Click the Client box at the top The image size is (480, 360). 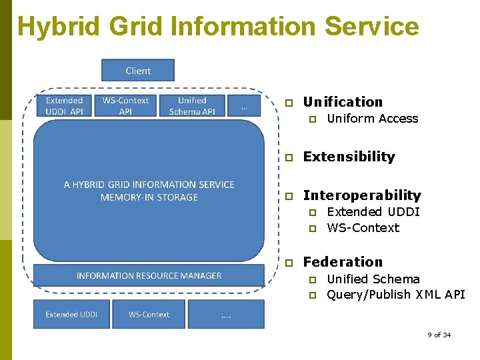coord(137,70)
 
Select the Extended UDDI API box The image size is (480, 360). coord(64,106)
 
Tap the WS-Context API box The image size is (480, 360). coord(125,106)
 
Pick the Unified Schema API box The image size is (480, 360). coord(192,106)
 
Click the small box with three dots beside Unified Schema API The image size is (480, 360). coord(244,105)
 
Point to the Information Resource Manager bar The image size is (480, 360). coord(149,275)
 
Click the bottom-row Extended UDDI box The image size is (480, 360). coord(71,314)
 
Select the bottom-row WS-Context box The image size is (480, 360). coord(149,314)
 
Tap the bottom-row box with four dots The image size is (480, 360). coord(226,314)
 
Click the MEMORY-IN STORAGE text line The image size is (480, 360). coord(149,197)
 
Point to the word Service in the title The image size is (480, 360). coord(371,27)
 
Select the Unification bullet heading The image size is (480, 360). coord(343,102)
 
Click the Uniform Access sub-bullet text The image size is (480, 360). coord(372,119)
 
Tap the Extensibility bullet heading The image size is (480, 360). coord(349,157)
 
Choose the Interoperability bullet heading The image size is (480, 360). coord(362,195)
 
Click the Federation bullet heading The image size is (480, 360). coord(343,262)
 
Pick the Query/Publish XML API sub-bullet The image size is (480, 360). coord(395,295)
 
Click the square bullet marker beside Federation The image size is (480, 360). coord(289,263)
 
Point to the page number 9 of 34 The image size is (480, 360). coord(439,335)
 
